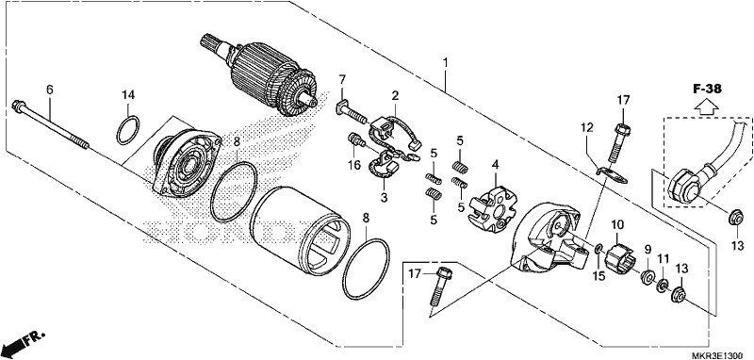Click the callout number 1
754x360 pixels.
click(x=446, y=62)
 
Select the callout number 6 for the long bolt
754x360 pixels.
click(x=50, y=90)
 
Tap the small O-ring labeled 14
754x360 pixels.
click(x=129, y=130)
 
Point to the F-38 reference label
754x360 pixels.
click(x=708, y=89)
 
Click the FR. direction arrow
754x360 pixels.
click(x=22, y=342)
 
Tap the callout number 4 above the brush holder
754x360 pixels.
click(x=495, y=166)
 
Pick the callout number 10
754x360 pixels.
click(x=617, y=224)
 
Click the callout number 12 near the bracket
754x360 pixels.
click(x=586, y=128)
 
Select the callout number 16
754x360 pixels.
click(x=354, y=166)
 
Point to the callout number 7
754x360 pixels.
click(x=342, y=79)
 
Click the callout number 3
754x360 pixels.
click(x=384, y=198)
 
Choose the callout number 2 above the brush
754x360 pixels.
click(x=395, y=96)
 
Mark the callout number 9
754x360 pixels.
click(x=647, y=250)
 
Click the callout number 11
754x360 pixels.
click(x=664, y=258)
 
